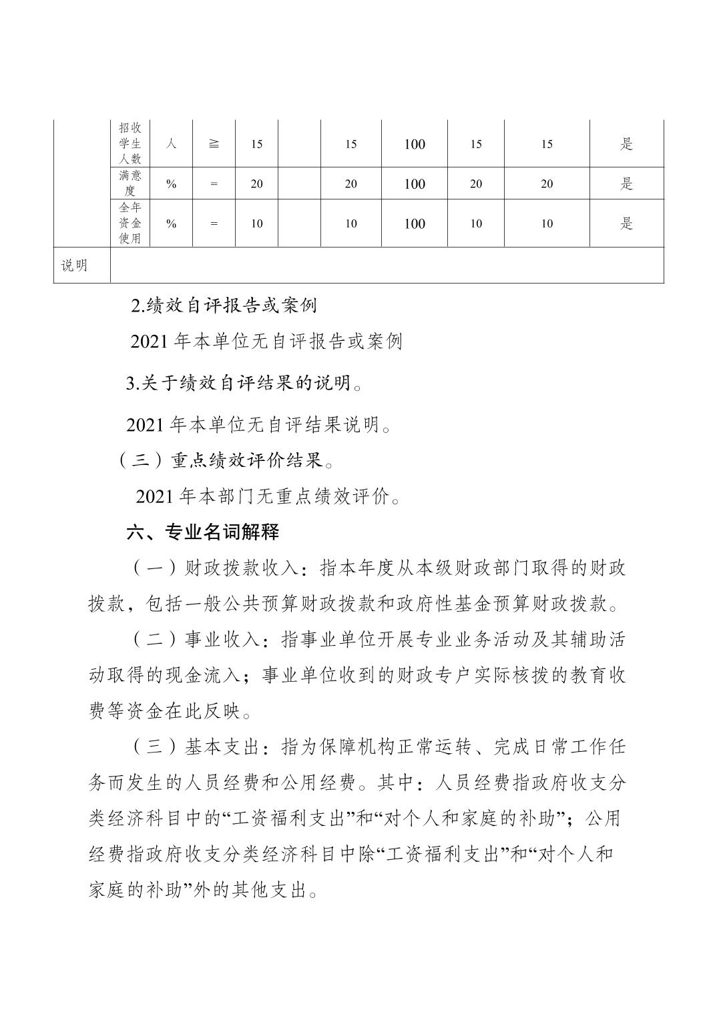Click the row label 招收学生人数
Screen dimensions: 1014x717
[x=130, y=143]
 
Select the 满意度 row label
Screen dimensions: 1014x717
[x=130, y=183]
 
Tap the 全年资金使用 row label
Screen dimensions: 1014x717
[x=130, y=223]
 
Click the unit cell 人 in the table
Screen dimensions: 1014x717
[x=171, y=143]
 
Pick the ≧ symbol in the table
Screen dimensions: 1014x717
[x=214, y=143]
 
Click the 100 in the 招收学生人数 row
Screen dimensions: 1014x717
[x=415, y=144]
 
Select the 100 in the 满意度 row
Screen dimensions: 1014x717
[x=415, y=184]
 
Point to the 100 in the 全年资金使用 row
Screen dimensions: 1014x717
[x=415, y=224]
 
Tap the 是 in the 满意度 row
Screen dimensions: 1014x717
[x=626, y=183]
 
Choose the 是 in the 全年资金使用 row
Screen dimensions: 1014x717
[x=626, y=223]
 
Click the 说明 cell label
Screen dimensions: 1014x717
[x=74, y=266]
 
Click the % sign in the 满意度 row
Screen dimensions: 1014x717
[x=171, y=184]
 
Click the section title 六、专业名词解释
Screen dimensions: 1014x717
[x=203, y=532]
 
